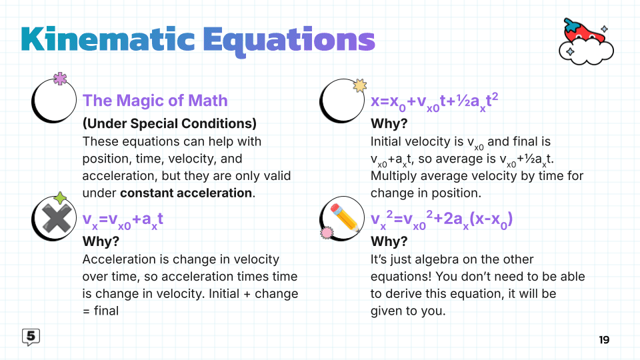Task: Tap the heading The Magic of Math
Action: click(155, 101)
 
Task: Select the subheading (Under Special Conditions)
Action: click(169, 123)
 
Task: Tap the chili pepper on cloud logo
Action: click(585, 41)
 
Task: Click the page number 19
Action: click(603, 339)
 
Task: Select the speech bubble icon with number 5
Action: click(31, 337)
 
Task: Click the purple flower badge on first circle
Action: click(61, 79)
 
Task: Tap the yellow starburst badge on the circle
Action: click(359, 85)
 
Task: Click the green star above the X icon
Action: click(61, 198)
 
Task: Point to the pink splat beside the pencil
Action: click(327, 233)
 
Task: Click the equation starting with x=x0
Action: click(434, 102)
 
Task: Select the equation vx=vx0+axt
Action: click(123, 221)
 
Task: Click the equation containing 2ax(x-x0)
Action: click(441, 221)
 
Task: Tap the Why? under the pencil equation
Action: click(389, 241)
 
